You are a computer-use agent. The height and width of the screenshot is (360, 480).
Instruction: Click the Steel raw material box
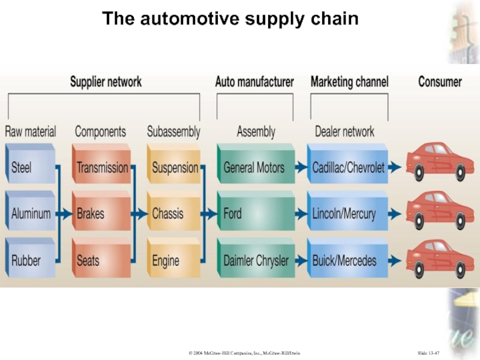(30, 167)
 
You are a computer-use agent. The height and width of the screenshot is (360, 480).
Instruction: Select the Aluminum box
(31, 213)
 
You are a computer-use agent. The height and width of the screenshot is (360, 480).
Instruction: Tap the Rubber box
(30, 261)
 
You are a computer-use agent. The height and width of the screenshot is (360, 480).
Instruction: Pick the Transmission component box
(102, 167)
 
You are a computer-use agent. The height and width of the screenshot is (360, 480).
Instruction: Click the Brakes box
(101, 213)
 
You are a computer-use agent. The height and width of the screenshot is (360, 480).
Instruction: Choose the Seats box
(101, 261)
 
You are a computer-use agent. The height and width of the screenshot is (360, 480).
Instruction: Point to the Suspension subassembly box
(175, 167)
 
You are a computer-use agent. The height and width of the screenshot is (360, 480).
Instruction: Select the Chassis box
(173, 213)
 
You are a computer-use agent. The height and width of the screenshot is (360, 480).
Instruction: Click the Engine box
(173, 261)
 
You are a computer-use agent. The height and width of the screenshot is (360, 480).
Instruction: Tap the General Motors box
(254, 167)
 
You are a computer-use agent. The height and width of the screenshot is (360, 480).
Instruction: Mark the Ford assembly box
(254, 213)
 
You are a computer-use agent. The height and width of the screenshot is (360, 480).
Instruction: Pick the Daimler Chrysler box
(256, 261)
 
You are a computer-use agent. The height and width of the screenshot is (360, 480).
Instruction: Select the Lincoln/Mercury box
(347, 213)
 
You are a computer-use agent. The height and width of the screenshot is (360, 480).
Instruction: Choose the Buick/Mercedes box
(347, 261)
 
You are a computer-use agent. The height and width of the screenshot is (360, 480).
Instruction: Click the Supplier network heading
(106, 82)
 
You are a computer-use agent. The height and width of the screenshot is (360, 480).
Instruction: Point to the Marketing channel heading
(349, 82)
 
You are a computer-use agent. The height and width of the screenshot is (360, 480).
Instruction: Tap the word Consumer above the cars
(440, 82)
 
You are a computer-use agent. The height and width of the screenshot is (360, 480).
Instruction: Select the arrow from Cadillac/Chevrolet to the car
(394, 168)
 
